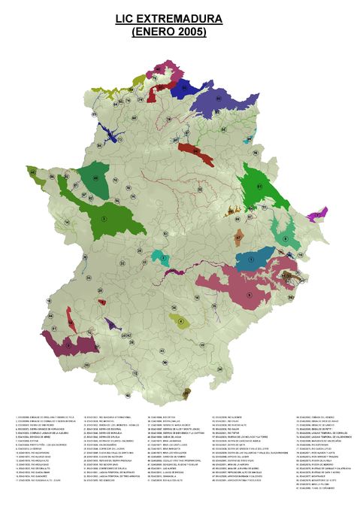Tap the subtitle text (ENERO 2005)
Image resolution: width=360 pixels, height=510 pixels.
tap(168, 32)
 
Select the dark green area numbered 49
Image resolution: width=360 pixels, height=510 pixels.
tap(95, 178)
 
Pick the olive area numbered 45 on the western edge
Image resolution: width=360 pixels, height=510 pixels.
tap(35, 175)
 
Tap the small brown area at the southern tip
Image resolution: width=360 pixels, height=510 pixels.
tap(186, 392)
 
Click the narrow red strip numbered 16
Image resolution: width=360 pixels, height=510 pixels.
tap(69, 317)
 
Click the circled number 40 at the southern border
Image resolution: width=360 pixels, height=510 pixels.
tap(128, 396)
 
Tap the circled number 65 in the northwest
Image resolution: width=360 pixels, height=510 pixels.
tap(95, 115)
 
